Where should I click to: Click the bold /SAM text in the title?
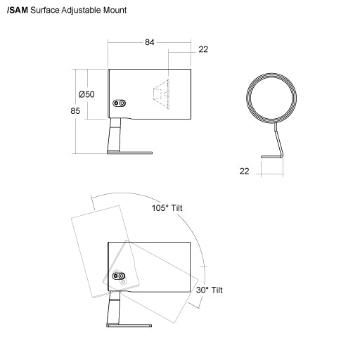pos(18,11)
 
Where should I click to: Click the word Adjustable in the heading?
pos(82,11)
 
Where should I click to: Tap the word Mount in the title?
pos(115,11)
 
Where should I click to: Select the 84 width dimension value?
pos(150,42)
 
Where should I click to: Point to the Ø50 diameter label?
pos(86,94)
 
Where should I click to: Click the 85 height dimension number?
pos(75,111)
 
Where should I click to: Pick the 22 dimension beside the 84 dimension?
pos(203,49)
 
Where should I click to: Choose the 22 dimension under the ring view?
pos(244,172)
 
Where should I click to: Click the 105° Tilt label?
pos(167,208)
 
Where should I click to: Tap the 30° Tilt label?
pos(210,290)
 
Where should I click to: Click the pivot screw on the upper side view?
pos(120,103)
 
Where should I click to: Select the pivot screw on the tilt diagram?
pos(119,276)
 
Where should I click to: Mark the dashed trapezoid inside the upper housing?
pos(161,94)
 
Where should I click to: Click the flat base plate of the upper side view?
pos(129,153)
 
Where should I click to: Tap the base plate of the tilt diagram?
pos(129,326)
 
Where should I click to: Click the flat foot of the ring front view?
pos(271,157)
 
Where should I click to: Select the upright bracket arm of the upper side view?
pos(115,135)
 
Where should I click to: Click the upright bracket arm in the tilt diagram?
pos(114,308)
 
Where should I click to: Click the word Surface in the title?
pos(45,11)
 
